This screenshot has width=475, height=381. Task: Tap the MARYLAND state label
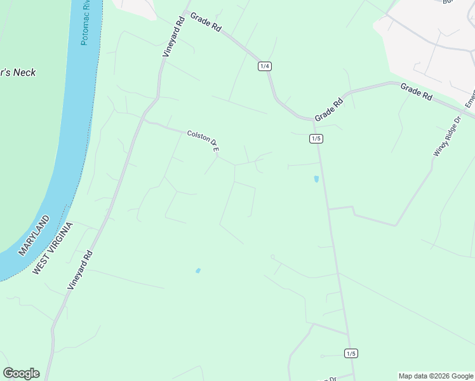34,235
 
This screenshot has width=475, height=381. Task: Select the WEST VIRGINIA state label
53,248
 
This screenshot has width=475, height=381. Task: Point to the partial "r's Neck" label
18,72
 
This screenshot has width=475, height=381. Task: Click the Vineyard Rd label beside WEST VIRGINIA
81,271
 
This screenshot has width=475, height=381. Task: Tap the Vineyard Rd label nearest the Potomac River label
173,37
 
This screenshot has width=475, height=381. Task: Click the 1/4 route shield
265,66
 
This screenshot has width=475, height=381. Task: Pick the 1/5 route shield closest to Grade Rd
316,138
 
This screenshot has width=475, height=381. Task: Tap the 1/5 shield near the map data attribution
351,353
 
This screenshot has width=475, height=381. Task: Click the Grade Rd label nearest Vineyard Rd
206,25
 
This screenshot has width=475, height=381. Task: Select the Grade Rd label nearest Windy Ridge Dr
417,91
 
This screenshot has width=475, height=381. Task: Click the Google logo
21,373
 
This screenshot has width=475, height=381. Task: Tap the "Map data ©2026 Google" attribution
436,376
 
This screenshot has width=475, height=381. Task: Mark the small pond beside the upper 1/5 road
316,179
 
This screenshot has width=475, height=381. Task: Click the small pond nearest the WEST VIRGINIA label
198,271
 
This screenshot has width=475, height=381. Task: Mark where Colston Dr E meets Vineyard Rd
144,121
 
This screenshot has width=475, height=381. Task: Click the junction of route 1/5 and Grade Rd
314,120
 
